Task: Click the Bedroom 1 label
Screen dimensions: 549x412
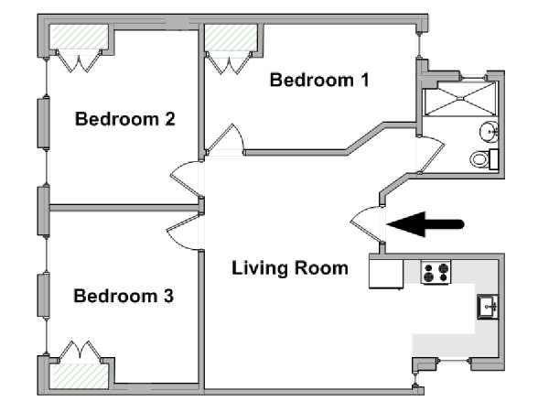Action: tap(319, 81)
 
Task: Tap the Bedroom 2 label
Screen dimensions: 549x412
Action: tap(125, 119)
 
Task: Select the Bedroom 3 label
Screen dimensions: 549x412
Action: tap(124, 296)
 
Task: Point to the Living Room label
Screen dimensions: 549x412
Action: tap(290, 268)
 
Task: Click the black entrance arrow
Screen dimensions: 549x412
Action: tap(425, 224)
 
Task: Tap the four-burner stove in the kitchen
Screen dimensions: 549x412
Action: tap(436, 272)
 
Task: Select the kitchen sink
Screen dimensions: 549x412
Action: tap(488, 307)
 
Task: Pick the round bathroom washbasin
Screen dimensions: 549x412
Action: tap(489, 132)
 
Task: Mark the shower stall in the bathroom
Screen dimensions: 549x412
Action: tap(460, 99)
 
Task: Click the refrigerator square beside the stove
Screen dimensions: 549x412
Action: tap(386, 274)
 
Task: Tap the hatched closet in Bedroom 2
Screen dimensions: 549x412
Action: tap(79, 37)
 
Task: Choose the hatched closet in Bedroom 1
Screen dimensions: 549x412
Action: tap(231, 38)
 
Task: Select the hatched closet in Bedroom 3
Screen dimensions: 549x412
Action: tap(79, 376)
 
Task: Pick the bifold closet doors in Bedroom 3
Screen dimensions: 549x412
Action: tap(81, 350)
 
